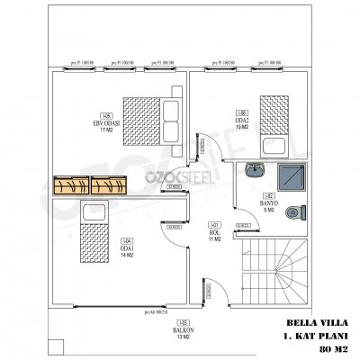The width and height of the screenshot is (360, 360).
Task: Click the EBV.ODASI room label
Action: coord(107,123)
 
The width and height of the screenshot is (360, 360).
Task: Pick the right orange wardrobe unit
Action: coord(107,185)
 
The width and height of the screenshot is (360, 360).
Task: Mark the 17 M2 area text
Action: coord(107,130)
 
